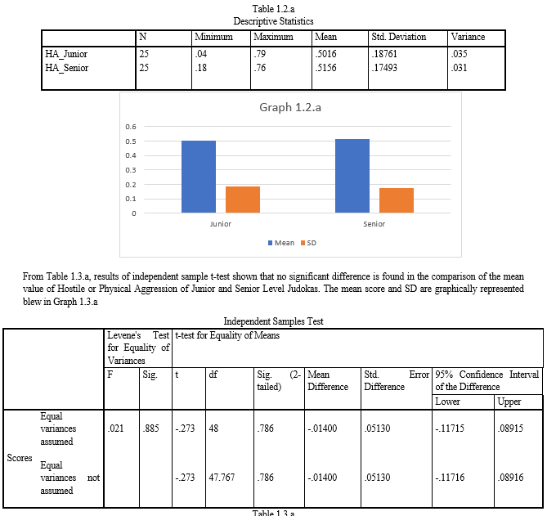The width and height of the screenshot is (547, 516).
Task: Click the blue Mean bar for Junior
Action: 199,177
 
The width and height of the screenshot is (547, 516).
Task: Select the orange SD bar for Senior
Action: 397,200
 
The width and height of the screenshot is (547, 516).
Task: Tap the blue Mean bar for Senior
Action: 352,176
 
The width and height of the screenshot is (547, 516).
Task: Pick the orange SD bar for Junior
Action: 243,200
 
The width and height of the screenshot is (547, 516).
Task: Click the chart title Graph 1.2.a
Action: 290,107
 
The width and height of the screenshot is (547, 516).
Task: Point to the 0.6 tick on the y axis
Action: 131,127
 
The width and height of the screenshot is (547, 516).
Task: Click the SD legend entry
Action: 308,243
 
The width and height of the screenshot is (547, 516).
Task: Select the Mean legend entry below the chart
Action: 281,243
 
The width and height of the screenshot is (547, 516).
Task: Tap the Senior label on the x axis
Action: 374,224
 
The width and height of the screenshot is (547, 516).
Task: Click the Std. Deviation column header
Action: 399,37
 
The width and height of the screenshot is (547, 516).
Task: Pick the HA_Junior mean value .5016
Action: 325,54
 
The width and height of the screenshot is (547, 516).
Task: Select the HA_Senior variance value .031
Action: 459,68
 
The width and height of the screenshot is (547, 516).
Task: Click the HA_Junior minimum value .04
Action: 200,54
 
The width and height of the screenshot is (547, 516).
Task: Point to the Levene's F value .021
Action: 115,428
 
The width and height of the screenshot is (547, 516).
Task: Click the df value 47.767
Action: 222,477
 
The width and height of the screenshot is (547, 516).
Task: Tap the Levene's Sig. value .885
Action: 150,428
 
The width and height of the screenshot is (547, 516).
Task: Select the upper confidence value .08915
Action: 510,428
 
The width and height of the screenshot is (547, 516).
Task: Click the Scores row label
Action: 20,458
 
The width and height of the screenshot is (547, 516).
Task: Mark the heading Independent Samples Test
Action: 273,321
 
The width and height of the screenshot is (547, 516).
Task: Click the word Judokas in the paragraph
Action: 303,289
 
